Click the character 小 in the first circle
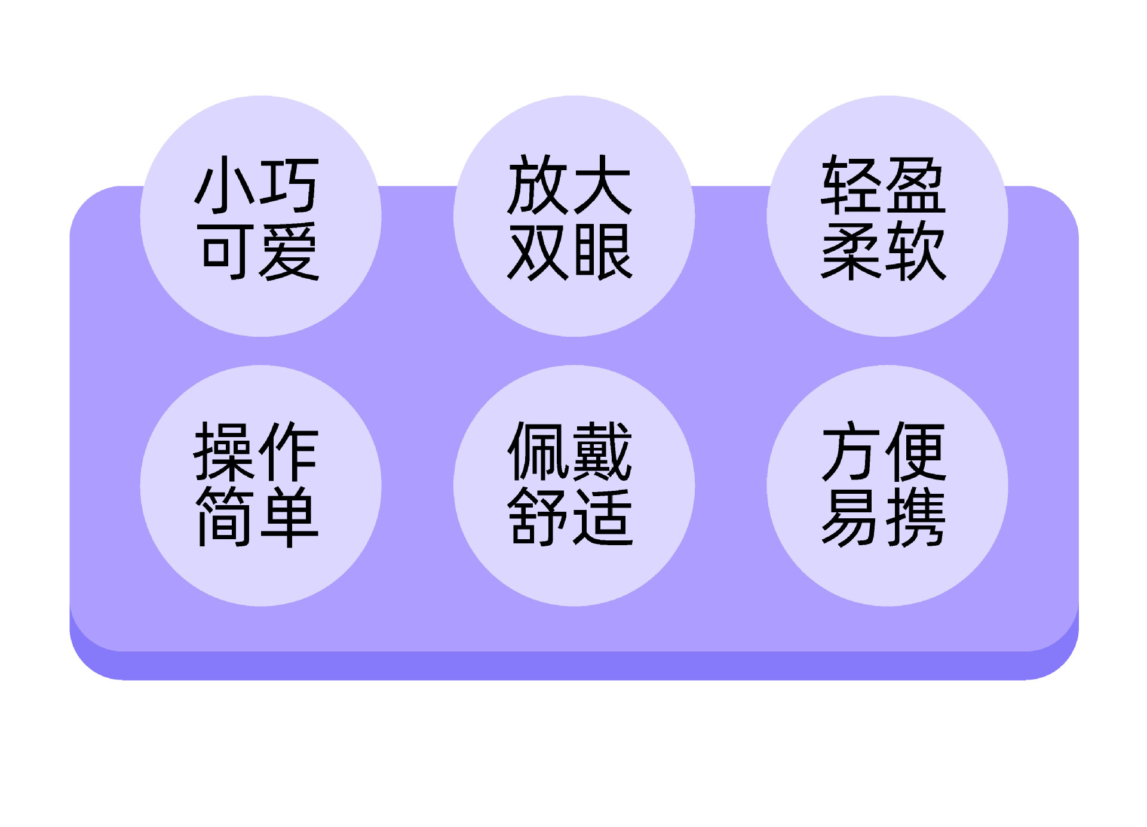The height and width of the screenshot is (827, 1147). coord(226,185)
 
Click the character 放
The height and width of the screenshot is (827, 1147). coord(537,185)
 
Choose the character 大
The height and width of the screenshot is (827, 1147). coord(602,185)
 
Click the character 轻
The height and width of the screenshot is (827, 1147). coord(851,185)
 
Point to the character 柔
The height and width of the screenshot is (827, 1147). coord(851,251)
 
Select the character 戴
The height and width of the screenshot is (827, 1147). coord(602,451)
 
